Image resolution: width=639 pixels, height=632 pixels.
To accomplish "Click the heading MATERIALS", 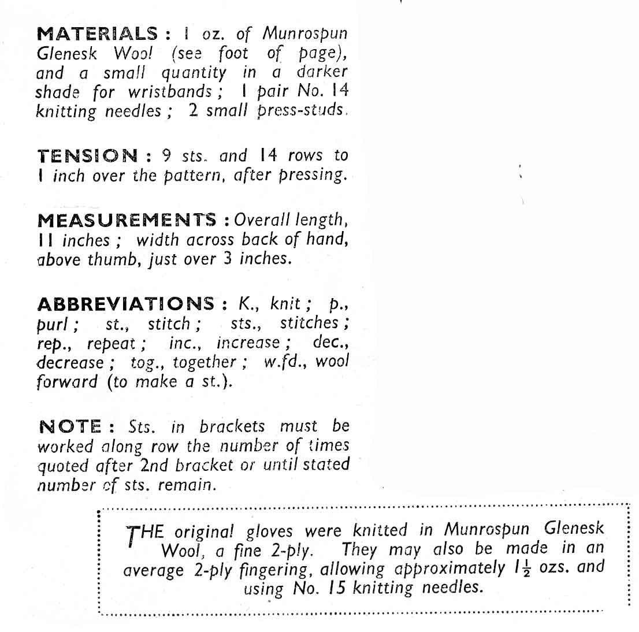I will pos(97,34).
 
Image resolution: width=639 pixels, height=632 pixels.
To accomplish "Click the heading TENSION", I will pos(88,156).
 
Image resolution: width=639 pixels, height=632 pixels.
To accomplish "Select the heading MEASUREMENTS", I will pos(127,220).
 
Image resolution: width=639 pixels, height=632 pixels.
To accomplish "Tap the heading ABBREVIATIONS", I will pos(125,303).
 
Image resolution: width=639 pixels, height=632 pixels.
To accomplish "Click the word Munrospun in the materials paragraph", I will pos(304,34).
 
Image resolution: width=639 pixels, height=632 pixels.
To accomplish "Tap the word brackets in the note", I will pos(232,426).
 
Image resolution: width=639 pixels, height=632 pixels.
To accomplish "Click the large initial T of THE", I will pos(133,534).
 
